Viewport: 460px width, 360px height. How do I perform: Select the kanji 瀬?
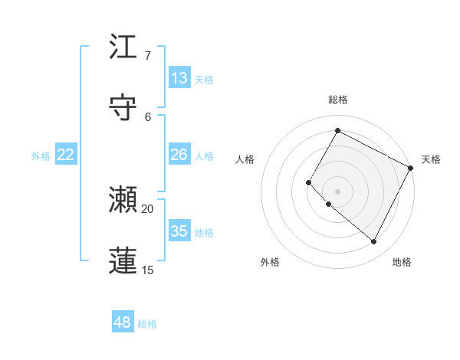point(123,201)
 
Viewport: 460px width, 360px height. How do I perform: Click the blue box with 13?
point(179,78)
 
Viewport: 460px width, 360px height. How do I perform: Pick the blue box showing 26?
point(179,155)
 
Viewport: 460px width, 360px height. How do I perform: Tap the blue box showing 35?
point(179,231)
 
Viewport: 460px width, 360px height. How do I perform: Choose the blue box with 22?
point(65,155)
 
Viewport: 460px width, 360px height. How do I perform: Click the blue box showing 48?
point(122,322)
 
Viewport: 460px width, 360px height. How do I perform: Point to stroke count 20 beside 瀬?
point(148,209)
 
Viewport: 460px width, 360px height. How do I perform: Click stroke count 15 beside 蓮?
point(148,270)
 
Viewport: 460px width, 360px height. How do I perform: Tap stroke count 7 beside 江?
point(147,56)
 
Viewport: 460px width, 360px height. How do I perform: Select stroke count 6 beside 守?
point(148,116)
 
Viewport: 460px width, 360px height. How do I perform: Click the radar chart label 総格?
point(337,100)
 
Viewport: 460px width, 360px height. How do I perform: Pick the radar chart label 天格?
point(431,159)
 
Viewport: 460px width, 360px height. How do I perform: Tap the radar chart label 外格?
point(270,262)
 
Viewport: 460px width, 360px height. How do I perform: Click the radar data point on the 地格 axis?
point(373,241)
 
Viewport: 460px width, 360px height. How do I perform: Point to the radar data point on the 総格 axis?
point(337,130)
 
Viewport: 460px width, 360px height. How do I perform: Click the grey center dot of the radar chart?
point(337,191)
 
